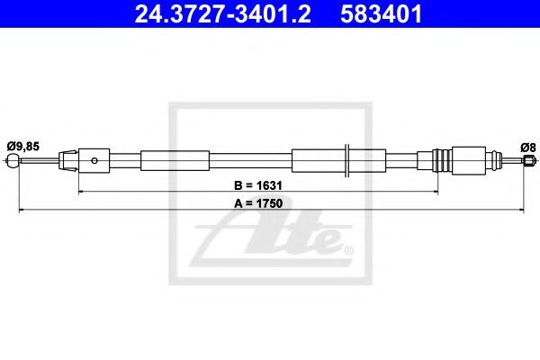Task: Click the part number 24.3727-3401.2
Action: tap(222, 13)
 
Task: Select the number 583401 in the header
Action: tap(381, 13)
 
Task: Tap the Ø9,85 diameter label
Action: tap(23, 147)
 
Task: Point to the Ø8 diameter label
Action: tap(528, 148)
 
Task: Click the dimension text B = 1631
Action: tap(258, 185)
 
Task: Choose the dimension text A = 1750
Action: tap(258, 203)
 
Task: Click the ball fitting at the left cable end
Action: tap(12, 160)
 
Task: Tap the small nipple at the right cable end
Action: tap(529, 160)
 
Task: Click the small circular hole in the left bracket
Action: tap(94, 160)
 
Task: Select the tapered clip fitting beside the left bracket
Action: tap(68, 160)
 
